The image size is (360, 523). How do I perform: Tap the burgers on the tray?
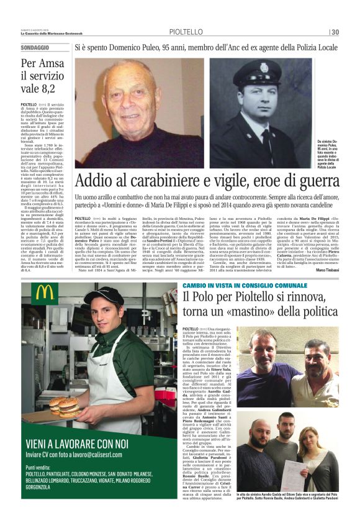66,406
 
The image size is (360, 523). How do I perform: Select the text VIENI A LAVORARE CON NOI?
78,443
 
